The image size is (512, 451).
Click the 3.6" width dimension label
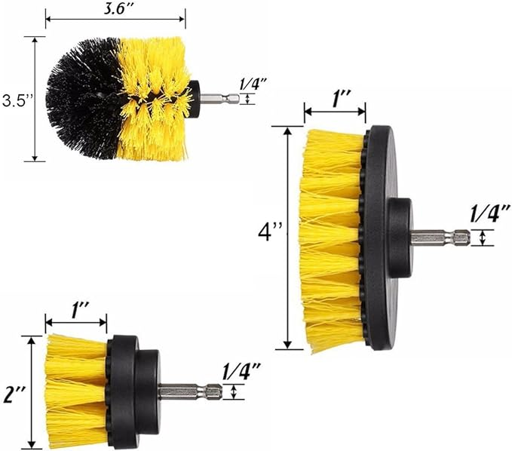pos(115,9)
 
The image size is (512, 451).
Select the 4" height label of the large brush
pos(269,232)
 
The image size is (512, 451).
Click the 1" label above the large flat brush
pos(342,99)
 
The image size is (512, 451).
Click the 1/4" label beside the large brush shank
pos(490,213)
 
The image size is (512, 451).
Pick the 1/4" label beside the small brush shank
pos(241,371)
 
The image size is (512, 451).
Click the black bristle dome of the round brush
pos(83,99)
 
